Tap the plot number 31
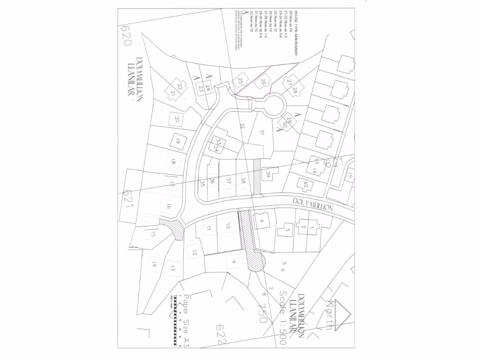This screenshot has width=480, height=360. click(x=262, y=133)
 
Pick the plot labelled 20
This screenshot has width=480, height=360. click(x=177, y=120)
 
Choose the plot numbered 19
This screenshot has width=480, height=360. click(x=177, y=141)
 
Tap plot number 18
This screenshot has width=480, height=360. click(x=173, y=162)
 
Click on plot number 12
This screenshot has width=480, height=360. click(x=194, y=252)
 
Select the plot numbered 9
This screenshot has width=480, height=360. click(x=232, y=262)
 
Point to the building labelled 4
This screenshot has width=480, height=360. click(x=262, y=221)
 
